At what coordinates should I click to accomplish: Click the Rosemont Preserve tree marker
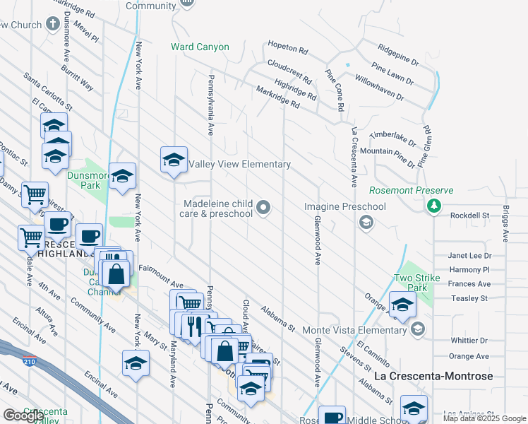(x=434, y=206)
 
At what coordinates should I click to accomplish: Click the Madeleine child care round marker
(x=264, y=207)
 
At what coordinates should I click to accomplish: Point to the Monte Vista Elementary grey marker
(x=418, y=329)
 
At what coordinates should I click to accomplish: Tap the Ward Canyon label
(x=200, y=47)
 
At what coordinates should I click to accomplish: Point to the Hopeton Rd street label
(x=288, y=49)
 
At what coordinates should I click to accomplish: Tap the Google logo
(x=23, y=415)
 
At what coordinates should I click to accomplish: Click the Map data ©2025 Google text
(x=484, y=418)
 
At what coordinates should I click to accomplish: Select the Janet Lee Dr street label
(x=469, y=256)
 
